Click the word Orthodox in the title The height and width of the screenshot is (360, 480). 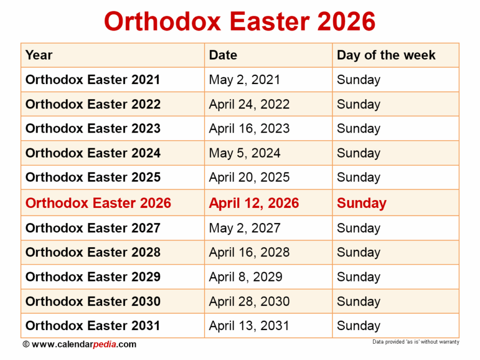162,22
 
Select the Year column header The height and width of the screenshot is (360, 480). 39,55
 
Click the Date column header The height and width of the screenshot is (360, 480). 223,55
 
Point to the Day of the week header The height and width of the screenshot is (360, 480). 386,55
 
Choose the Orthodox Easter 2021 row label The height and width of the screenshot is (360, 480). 93,80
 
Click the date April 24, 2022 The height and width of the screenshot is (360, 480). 249,104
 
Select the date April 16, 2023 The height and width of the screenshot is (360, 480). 249,129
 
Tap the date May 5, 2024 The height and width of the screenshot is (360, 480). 244,153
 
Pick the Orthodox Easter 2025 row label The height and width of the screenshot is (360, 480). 93,177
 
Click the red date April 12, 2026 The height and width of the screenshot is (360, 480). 254,203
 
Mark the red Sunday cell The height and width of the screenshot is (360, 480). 361,203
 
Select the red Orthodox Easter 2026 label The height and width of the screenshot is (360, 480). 98,203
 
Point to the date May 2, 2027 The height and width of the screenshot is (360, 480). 244,228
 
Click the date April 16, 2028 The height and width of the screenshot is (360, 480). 249,253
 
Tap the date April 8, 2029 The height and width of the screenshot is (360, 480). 245,277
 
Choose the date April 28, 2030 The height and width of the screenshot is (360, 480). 249,302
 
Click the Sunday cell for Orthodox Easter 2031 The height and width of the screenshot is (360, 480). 358,326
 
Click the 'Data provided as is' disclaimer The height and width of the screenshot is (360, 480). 416,342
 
